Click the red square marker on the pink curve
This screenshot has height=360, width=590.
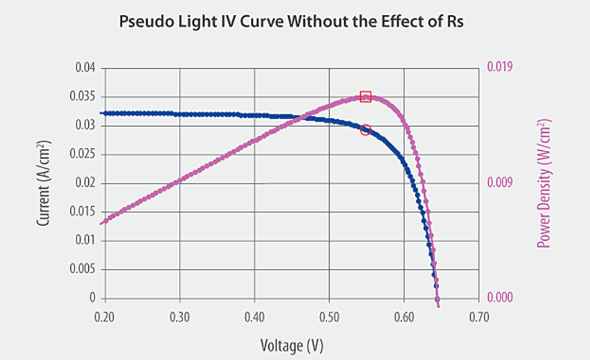click(366, 96)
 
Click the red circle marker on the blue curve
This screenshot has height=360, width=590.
click(366, 130)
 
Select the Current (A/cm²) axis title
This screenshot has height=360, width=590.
click(44, 183)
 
